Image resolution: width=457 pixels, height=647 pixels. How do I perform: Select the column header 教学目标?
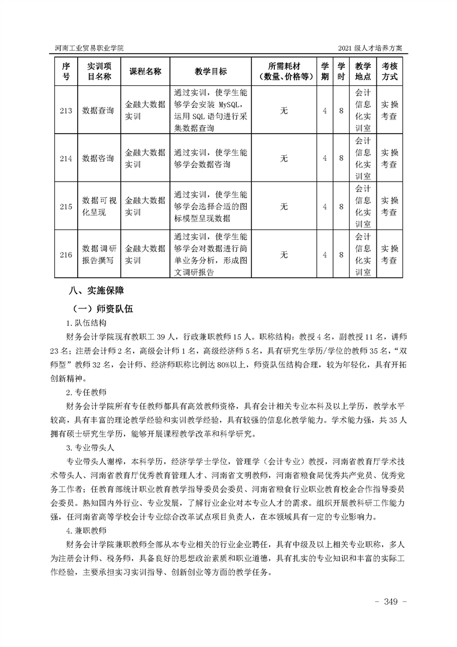[210, 72]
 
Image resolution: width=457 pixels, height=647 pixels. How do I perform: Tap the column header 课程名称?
[145, 72]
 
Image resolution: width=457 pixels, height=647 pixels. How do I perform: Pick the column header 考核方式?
[390, 72]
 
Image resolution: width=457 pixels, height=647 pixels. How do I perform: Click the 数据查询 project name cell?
[98, 110]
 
